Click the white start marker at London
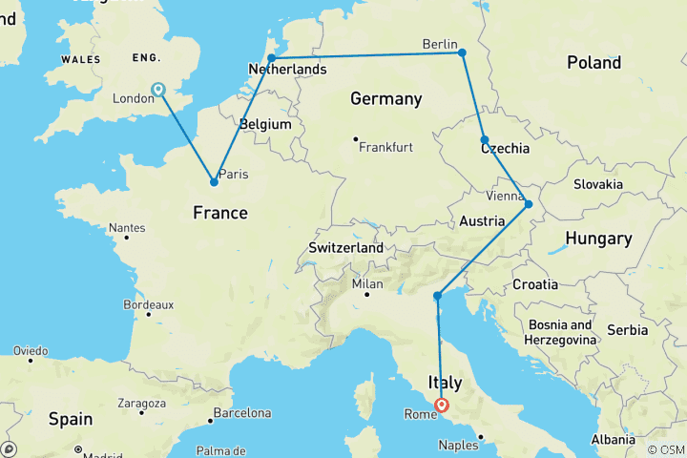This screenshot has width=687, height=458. click(x=157, y=90)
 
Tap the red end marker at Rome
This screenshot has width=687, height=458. click(x=443, y=405)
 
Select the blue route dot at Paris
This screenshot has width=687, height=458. click(x=214, y=181)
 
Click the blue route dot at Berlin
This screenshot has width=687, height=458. click(x=462, y=52)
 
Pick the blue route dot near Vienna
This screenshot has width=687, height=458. click(x=529, y=204)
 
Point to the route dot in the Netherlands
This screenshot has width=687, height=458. click(x=272, y=58)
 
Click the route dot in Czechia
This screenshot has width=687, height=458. click(x=485, y=139)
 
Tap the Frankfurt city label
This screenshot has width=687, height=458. click(x=386, y=147)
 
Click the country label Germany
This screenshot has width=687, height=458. click(x=385, y=99)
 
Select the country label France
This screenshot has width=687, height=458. click(x=220, y=213)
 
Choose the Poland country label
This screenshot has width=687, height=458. click(x=593, y=63)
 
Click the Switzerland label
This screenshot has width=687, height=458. click(x=345, y=248)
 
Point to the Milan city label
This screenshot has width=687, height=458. click(x=366, y=284)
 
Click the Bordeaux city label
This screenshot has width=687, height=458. click(x=148, y=305)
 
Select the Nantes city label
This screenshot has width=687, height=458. click(x=127, y=228)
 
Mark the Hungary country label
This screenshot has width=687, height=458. click(x=598, y=239)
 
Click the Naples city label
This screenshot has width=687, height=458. click(x=459, y=445)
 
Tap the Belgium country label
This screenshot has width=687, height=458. click(x=265, y=125)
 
